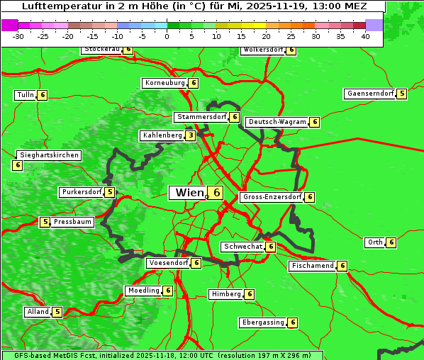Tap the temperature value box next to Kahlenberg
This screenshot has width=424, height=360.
pos(191,135)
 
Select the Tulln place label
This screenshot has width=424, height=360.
pos(25,95)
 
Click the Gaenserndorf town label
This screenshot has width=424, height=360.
pos(369,94)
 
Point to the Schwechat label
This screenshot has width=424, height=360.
pos(242,247)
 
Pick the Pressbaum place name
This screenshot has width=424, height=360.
pos(73,222)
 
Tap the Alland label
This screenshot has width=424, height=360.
pos(38,312)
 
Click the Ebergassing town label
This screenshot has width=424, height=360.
pos(263,322)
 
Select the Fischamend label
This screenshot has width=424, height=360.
pos(312,266)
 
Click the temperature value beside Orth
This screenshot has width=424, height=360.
pos(391,242)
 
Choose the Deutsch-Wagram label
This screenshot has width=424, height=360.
pos(277,122)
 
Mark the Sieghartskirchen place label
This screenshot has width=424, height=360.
pos(49,155)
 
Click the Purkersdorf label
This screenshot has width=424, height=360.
pos(82,192)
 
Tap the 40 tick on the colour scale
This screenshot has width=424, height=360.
pos(365,37)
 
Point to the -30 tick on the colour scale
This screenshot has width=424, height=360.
pos(19,37)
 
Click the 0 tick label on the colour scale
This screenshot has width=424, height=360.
pos(167,37)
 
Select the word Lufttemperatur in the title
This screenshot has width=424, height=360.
pos(53,6)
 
